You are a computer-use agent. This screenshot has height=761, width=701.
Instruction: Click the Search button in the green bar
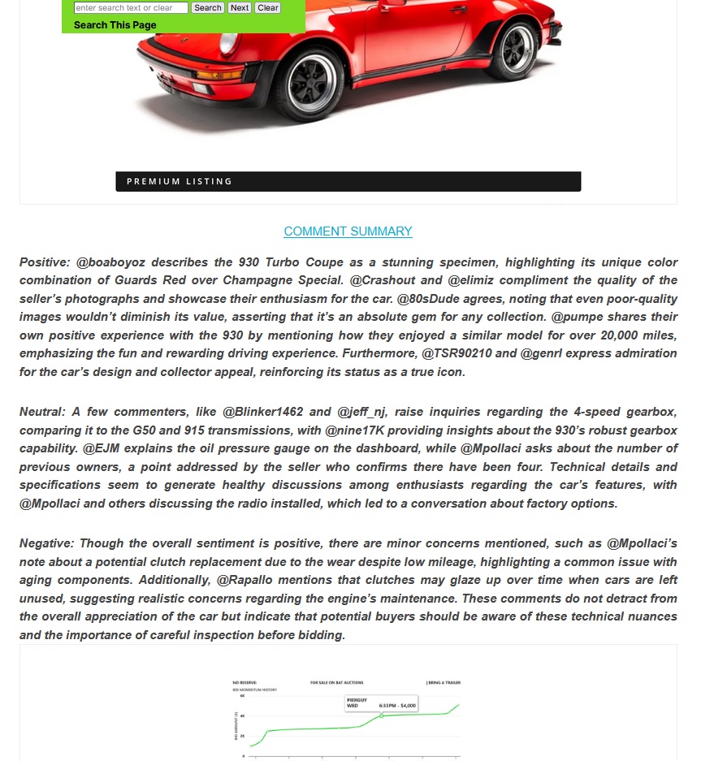pyautogui.click(x=208, y=8)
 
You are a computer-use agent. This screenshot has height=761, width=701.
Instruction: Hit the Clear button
pyautogui.click(x=267, y=8)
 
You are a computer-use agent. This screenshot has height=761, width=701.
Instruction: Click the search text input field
pyautogui.click(x=131, y=8)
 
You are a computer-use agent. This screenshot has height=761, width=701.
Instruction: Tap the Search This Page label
pyautogui.click(x=115, y=25)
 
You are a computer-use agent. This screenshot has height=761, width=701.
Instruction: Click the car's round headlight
pyautogui.click(x=229, y=42)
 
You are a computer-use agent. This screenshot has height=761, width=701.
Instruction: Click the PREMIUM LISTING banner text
pyautogui.click(x=180, y=182)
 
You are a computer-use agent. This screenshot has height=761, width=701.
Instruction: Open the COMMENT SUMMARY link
pyautogui.click(x=348, y=231)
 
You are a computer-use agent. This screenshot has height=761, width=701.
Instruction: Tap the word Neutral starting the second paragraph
pyautogui.click(x=42, y=413)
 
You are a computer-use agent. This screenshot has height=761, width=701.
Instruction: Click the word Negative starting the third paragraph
pyautogui.click(x=45, y=543)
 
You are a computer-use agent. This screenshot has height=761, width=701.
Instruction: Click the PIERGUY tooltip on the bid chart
pyautogui.click(x=381, y=703)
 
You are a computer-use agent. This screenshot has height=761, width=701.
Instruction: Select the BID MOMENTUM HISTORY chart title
pyautogui.click(x=254, y=690)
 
